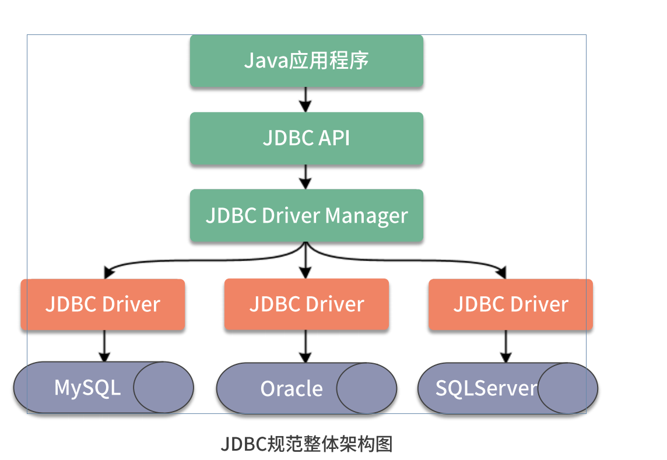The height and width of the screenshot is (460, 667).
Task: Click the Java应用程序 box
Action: point(306,61)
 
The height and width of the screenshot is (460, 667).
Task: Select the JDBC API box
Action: point(306,138)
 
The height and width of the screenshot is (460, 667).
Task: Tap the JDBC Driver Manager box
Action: point(306,216)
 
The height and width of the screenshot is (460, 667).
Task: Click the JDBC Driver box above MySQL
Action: point(103,304)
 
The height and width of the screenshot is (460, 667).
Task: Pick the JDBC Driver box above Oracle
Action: point(306,304)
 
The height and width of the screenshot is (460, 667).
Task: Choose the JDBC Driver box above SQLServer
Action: point(510,304)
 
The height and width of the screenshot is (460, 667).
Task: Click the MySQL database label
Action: point(87,388)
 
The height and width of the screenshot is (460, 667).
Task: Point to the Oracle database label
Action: point(292,389)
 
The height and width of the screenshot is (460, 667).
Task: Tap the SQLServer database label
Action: point(486,388)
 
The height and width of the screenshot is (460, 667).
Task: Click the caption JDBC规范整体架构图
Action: point(307,444)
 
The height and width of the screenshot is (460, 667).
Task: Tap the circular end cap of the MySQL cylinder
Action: point(163,388)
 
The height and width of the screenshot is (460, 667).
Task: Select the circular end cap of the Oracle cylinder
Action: point(367,388)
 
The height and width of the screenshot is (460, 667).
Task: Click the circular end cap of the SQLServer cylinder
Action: point(567,388)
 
